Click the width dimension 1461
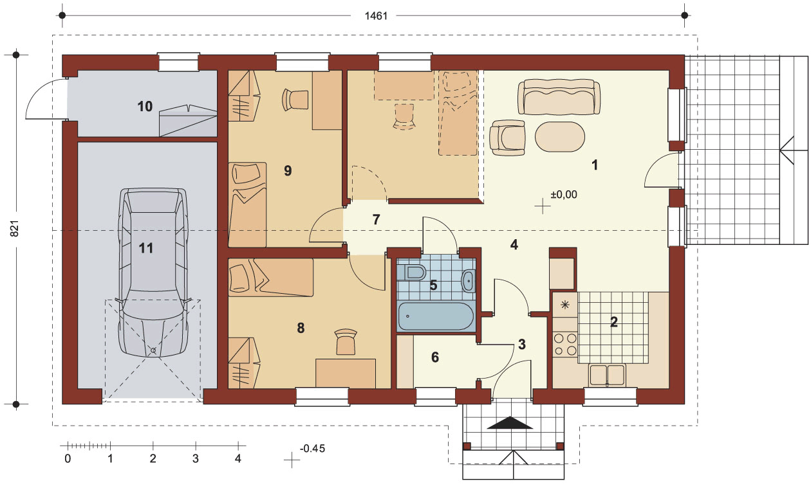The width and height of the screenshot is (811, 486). [x=376, y=16]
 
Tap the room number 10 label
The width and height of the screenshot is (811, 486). [x=145, y=106]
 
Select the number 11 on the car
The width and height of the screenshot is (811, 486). [x=146, y=248]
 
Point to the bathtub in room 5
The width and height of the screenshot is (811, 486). [x=436, y=316]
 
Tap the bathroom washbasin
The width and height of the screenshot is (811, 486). [x=469, y=280]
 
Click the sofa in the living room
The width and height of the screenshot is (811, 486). [x=559, y=97]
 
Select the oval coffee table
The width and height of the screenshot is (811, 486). [x=560, y=137]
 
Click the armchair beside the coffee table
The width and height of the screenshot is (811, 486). [x=507, y=138]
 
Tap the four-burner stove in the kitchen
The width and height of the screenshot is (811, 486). [x=565, y=345]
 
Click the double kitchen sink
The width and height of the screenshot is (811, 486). [x=607, y=375]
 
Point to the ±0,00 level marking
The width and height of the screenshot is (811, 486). [x=564, y=195]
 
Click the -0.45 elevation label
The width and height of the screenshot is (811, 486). [x=312, y=449]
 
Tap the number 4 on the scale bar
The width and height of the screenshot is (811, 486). [x=238, y=459]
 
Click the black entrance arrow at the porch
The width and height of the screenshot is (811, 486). [x=510, y=423]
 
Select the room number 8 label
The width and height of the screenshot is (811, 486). [x=301, y=328]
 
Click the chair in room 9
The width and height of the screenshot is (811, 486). [x=295, y=99]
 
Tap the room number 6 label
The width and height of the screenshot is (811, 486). [x=435, y=357]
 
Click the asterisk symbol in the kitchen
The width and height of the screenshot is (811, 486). [x=565, y=305]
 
